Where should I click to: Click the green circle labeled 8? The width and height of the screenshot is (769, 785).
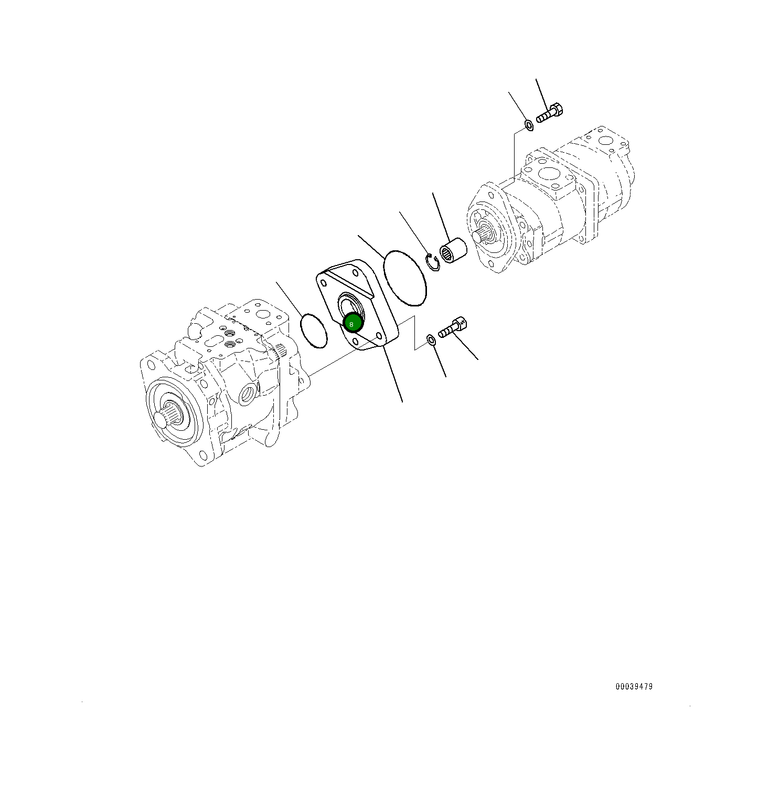point(352,323)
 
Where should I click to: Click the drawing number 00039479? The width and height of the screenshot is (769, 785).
point(634,686)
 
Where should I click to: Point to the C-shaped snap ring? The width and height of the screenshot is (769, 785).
point(433,262)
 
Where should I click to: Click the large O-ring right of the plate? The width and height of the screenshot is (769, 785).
point(404,277)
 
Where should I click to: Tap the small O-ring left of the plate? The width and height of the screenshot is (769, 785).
point(314,331)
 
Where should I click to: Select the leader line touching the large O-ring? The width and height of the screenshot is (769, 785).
point(371,246)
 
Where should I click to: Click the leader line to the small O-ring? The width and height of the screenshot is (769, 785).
point(289,299)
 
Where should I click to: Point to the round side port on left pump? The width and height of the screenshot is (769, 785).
point(249,393)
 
